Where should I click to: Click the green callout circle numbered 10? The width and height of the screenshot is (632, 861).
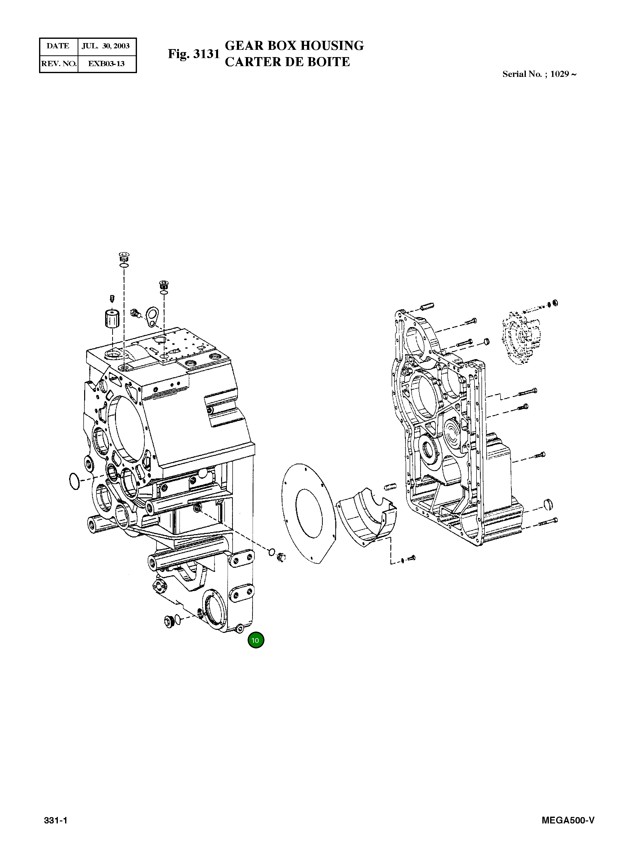(256, 640)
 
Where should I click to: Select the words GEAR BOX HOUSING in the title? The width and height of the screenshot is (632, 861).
(294, 46)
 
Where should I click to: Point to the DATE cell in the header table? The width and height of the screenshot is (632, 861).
(58, 46)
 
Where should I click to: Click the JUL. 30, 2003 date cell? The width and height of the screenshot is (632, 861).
(106, 46)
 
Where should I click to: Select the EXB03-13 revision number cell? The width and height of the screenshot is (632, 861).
(106, 64)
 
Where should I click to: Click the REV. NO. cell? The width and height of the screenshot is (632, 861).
(59, 64)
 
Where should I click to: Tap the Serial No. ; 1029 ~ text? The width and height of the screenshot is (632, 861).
(539, 74)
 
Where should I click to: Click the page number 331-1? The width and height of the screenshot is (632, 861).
(56, 820)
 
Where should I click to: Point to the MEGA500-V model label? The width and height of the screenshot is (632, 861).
(568, 820)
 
